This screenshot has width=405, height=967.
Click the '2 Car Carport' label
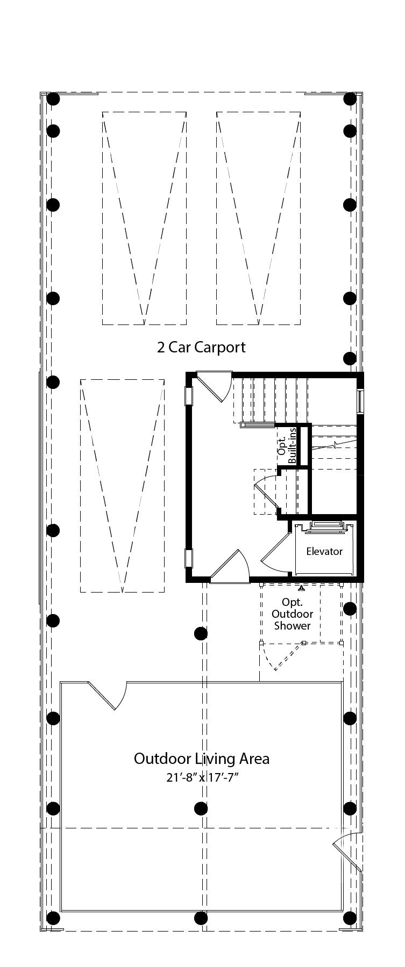tap(201, 347)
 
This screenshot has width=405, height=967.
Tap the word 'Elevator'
tap(324, 551)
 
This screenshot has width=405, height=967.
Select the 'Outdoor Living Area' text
tap(202, 759)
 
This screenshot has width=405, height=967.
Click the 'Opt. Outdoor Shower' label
tap(293, 614)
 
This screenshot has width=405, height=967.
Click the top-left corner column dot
tap(53, 99)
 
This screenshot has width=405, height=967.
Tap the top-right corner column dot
tap(350, 99)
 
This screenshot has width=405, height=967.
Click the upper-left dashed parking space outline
tap(145, 218)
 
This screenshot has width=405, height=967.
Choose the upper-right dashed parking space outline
tap(259, 218)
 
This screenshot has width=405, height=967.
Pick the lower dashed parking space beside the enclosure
tap(123, 486)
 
